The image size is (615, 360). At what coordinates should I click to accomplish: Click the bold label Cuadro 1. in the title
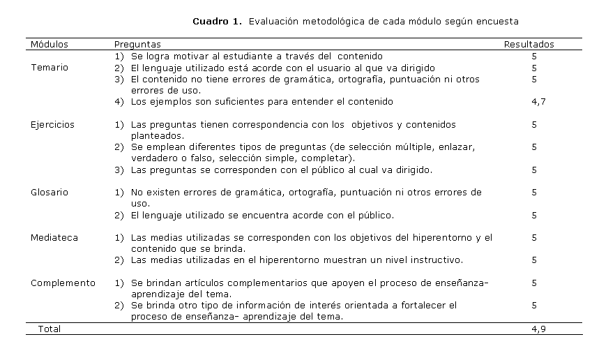tap(217, 22)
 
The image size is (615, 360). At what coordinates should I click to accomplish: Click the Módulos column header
tap(49, 44)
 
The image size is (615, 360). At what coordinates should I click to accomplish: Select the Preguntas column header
tap(137, 44)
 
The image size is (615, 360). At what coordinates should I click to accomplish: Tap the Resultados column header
tap(529, 44)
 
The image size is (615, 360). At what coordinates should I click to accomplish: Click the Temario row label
tap(49, 68)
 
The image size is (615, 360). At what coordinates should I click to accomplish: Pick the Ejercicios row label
tap(52, 125)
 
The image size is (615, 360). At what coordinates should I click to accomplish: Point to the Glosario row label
tap(50, 193)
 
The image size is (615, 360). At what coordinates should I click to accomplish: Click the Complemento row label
tap(63, 283)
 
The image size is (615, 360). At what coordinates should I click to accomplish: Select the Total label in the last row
tap(50, 329)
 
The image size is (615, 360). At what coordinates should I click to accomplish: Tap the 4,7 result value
tap(534, 102)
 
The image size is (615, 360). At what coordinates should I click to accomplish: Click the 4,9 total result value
tap(534, 329)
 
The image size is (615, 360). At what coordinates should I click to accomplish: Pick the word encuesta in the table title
tap(498, 22)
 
